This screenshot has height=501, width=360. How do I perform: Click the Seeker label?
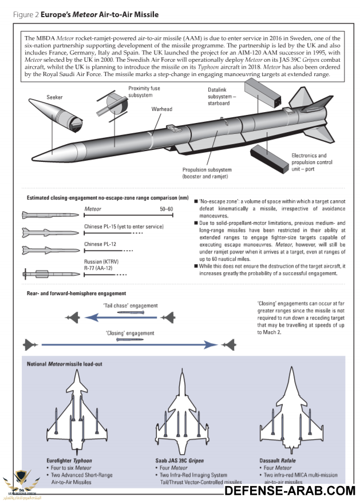[55, 97]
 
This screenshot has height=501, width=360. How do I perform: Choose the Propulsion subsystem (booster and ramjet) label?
[207, 173]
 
